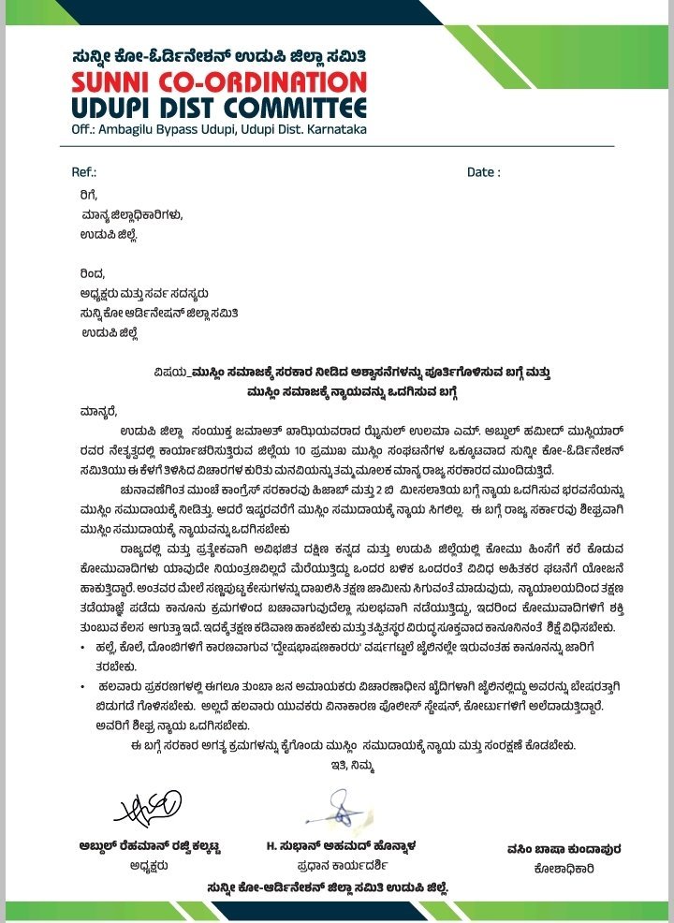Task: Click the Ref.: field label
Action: (84, 172)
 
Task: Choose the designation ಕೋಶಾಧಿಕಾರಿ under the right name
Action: (562, 868)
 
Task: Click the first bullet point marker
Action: (85, 648)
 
